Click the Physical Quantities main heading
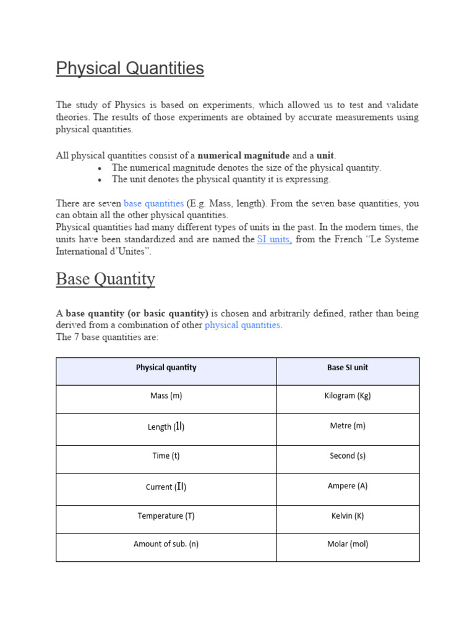(x=130, y=69)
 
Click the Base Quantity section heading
(x=105, y=279)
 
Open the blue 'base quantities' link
(x=153, y=203)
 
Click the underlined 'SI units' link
(x=273, y=239)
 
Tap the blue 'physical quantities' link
(x=243, y=325)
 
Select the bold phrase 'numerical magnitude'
(x=243, y=156)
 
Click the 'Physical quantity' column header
(x=166, y=368)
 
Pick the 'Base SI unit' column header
(x=347, y=368)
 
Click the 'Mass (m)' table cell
(x=166, y=396)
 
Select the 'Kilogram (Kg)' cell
(x=347, y=396)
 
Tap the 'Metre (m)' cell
(x=347, y=426)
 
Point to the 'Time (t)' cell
(x=166, y=456)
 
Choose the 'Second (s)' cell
(x=347, y=456)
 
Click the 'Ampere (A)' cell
(x=347, y=486)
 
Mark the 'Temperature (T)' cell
(x=166, y=516)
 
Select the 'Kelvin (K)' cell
(x=347, y=516)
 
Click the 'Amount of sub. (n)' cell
(x=166, y=545)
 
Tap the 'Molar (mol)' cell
(x=347, y=545)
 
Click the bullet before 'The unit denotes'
(x=100, y=180)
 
